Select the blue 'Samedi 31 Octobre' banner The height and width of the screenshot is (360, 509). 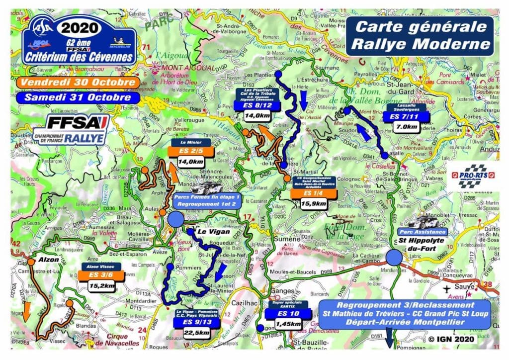pos(74,97)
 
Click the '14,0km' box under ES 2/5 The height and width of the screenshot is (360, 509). pos(190,162)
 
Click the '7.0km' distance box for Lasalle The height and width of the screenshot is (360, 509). pos(402,127)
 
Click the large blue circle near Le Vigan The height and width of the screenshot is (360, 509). pos(176,219)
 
